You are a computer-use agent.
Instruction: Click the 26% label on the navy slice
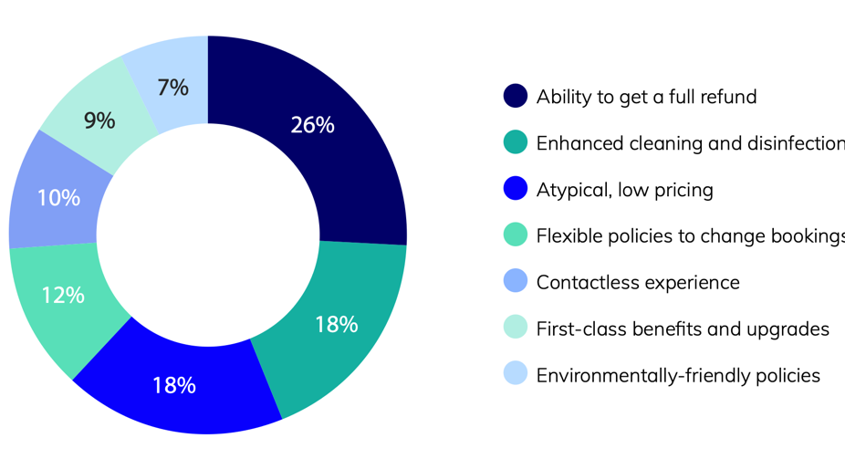coord(312,126)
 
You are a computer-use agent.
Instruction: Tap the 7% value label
coord(172,88)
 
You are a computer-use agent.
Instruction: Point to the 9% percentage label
coord(99,120)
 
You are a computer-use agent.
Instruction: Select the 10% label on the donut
coord(58,197)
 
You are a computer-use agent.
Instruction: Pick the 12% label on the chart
coord(63,295)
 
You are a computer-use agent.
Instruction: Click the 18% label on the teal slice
coord(336,324)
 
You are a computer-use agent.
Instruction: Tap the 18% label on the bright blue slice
coord(173,385)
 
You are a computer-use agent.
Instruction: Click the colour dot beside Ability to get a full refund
coord(516,96)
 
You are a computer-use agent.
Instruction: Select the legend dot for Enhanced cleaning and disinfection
coord(516,142)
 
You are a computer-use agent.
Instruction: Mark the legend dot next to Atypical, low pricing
coord(516,189)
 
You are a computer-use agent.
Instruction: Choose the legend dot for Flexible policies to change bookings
coord(516,235)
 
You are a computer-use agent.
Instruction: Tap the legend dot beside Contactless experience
coord(516,282)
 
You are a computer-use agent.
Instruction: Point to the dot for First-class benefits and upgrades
coord(516,329)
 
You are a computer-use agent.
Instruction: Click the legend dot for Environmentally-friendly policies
coord(516,375)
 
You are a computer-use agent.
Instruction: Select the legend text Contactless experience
coord(638,282)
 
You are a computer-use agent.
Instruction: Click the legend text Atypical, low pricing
coord(625,190)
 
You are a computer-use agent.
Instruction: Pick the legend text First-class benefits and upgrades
coord(683,329)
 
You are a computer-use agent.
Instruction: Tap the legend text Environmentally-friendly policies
coord(678,375)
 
